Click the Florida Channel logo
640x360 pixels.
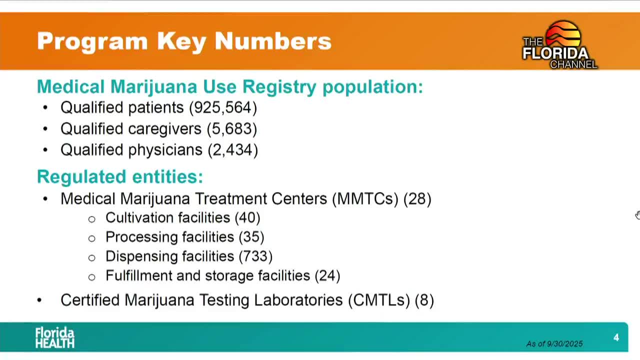(x=559, y=45)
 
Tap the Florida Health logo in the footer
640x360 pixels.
(x=54, y=338)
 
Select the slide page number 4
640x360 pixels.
(x=616, y=338)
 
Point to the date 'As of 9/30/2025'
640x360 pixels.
(x=554, y=344)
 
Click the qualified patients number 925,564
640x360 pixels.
(x=223, y=107)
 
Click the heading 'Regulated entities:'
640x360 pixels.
(x=120, y=176)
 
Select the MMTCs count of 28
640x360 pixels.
(x=417, y=199)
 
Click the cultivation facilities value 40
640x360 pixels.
(x=247, y=218)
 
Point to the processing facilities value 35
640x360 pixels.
(x=251, y=237)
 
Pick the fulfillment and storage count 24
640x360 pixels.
(x=327, y=276)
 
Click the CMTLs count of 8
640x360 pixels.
(x=424, y=300)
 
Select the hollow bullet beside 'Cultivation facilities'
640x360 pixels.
(x=91, y=219)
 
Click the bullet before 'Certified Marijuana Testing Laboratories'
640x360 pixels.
(x=39, y=300)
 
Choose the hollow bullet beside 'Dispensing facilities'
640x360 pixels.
(x=91, y=257)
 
